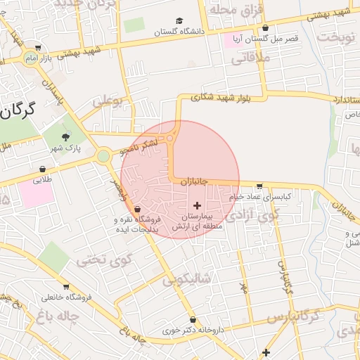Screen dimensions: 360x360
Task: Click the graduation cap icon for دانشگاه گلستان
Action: point(179,21)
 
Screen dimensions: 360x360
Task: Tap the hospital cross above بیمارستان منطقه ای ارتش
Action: point(196,204)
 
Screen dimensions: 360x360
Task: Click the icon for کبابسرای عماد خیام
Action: point(260,186)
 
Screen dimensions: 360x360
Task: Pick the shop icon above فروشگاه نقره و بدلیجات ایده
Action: point(136,209)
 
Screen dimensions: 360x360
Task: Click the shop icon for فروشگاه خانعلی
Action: point(66,287)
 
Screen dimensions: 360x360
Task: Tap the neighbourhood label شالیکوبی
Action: point(186,280)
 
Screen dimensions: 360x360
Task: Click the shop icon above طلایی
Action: point(42,169)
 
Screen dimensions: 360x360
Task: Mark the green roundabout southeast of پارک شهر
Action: point(103,155)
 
